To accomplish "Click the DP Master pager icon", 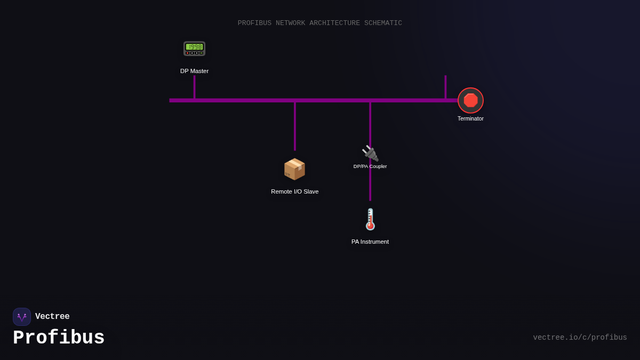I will click(x=194, y=49).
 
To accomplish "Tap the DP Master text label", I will click(x=194, y=71).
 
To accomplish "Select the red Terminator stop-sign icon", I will click(x=470, y=100).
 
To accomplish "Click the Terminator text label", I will click(x=470, y=118).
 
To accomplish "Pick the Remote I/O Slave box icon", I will click(x=294, y=169).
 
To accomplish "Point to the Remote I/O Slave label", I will click(x=294, y=191).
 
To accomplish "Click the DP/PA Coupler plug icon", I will click(x=370, y=153).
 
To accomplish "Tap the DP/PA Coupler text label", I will click(x=370, y=166).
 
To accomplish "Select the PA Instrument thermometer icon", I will click(x=370, y=219).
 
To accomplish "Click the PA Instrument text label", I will click(x=370, y=242).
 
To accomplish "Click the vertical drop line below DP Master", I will click(x=194, y=87).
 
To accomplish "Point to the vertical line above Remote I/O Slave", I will click(x=295, y=126).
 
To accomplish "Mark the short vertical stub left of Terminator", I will click(x=445, y=87).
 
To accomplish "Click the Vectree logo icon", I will click(x=22, y=317).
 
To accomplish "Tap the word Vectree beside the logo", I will click(x=52, y=317).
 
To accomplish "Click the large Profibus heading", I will click(x=59, y=338).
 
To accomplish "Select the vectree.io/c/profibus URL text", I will click(x=580, y=338).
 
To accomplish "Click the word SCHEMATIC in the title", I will click(x=383, y=23).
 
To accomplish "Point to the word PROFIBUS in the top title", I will click(x=254, y=23).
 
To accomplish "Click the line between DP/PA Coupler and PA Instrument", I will click(x=370, y=186).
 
